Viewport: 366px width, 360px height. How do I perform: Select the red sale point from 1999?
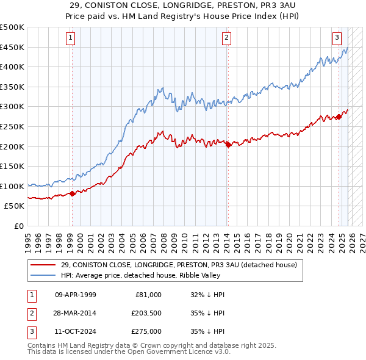coord(72,193)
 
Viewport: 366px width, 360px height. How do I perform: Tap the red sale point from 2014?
coord(228,145)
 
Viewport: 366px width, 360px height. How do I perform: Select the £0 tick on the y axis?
coord(18,226)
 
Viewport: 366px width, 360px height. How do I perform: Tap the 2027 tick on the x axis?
coord(361,238)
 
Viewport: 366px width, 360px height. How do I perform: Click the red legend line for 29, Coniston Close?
coord(44,265)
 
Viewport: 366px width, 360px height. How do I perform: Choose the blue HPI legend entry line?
coord(44,275)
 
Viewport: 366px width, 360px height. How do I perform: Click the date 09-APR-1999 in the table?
coord(75,295)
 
